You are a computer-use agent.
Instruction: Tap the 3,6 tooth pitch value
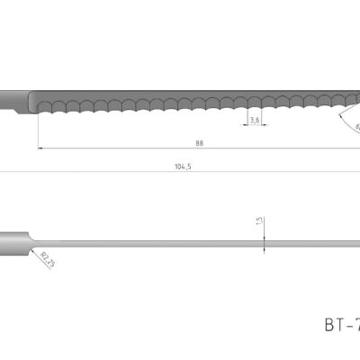255,120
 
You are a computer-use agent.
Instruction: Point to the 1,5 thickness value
259,220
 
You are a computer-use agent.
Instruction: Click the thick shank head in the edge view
13,240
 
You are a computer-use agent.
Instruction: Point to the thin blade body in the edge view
180,240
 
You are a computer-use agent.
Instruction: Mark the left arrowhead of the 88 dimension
41,148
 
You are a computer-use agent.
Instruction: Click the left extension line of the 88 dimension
38,130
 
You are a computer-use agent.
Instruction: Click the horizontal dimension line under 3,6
255,126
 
